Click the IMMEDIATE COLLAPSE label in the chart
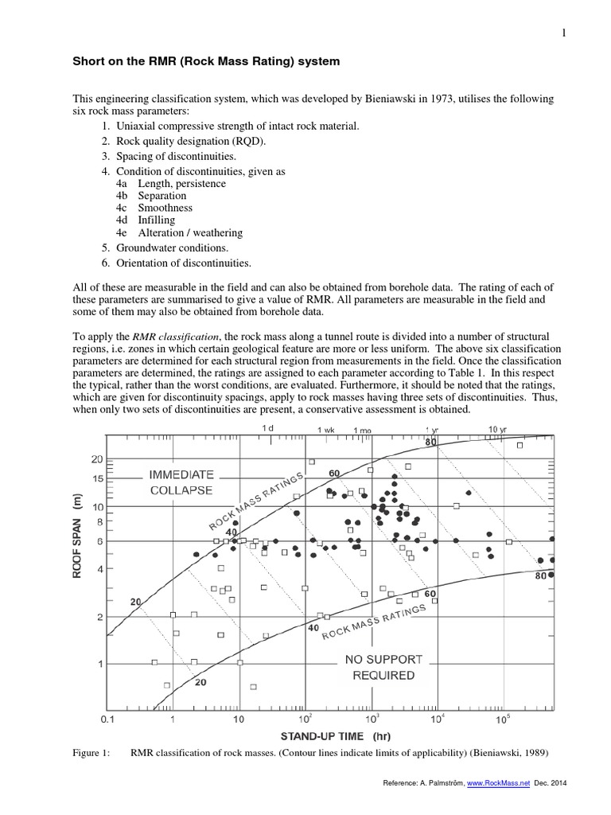pyautogui.click(x=181, y=482)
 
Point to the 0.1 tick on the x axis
pyautogui.click(x=108, y=721)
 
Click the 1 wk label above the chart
pyautogui.click(x=326, y=430)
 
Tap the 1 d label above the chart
pyautogui.click(x=267, y=429)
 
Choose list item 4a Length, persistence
pyautogui.click(x=170, y=184)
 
